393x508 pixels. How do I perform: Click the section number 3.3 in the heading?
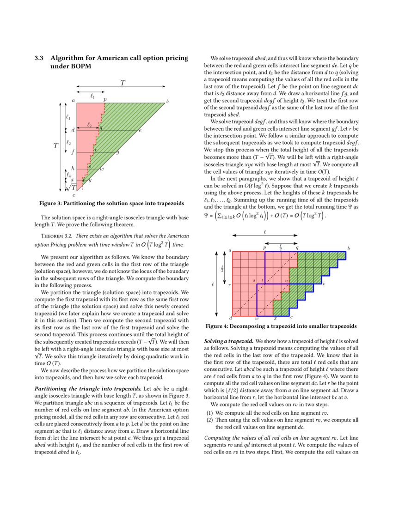(x=39, y=58)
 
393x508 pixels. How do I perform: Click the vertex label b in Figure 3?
(x=167, y=101)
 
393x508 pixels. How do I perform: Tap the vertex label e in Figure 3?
(x=140, y=131)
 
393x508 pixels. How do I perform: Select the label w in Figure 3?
(x=102, y=169)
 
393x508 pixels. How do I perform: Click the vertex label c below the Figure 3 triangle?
(x=74, y=195)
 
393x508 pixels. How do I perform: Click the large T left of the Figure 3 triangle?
(x=55, y=146)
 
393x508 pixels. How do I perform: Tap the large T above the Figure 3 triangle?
(x=123, y=83)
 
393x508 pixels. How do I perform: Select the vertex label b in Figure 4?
(x=349, y=249)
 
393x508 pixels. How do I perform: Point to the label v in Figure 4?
(x=324, y=284)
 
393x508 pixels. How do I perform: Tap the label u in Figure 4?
(x=286, y=280)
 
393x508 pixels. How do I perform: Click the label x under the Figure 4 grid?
(x=275, y=318)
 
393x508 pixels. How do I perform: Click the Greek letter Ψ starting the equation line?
(x=207, y=216)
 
